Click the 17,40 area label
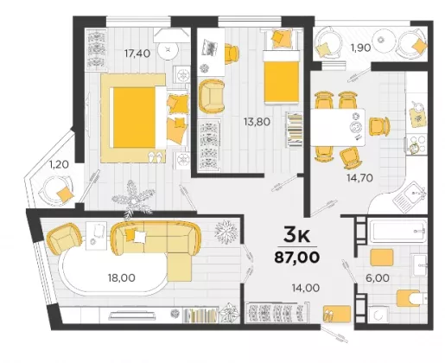(x=137, y=54)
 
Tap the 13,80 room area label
(x=257, y=122)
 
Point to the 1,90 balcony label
(x=360, y=48)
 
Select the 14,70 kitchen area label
(x=359, y=178)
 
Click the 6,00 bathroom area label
(x=378, y=278)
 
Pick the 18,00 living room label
(x=122, y=278)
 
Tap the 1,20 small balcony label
(x=59, y=165)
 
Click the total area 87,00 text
(x=297, y=258)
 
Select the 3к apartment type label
(x=296, y=235)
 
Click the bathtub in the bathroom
(x=397, y=231)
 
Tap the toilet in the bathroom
(x=412, y=298)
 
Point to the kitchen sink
(x=409, y=197)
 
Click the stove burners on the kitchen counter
(x=416, y=144)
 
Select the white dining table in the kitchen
(x=338, y=127)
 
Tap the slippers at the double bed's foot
(x=155, y=156)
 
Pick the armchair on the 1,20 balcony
(x=56, y=191)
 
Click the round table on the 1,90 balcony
(x=384, y=40)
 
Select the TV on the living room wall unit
(x=132, y=315)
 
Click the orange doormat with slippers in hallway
(x=337, y=314)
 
